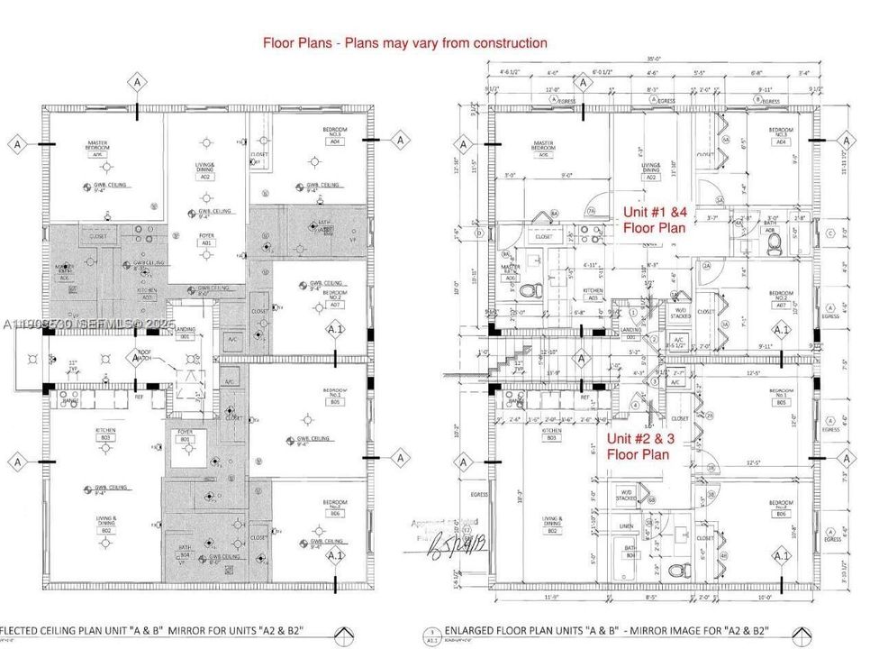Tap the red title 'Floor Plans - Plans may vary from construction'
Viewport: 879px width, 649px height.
click(x=404, y=42)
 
